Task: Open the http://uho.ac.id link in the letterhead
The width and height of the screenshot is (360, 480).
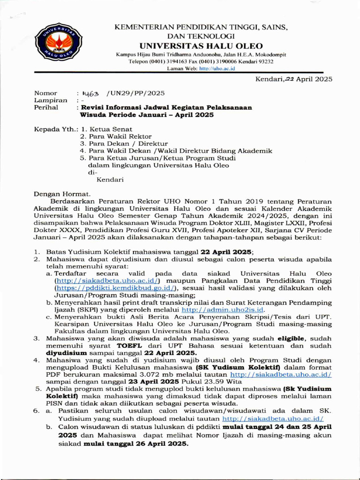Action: (217, 68)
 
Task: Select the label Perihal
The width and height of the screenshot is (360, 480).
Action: (46, 107)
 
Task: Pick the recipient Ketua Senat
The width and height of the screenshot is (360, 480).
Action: (111, 129)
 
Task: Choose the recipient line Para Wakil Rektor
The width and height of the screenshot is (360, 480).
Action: (118, 136)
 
